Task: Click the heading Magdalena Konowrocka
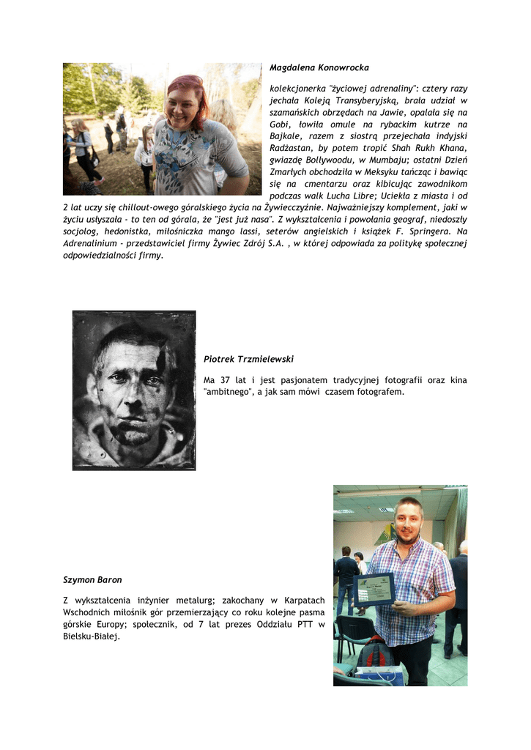pyautogui.click(x=319, y=67)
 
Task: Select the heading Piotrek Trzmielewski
pyautogui.click(x=248, y=359)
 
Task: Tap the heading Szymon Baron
pyautogui.click(x=92, y=579)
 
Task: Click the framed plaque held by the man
pyautogui.click(x=374, y=588)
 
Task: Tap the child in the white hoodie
pyautogui.click(x=144, y=154)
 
